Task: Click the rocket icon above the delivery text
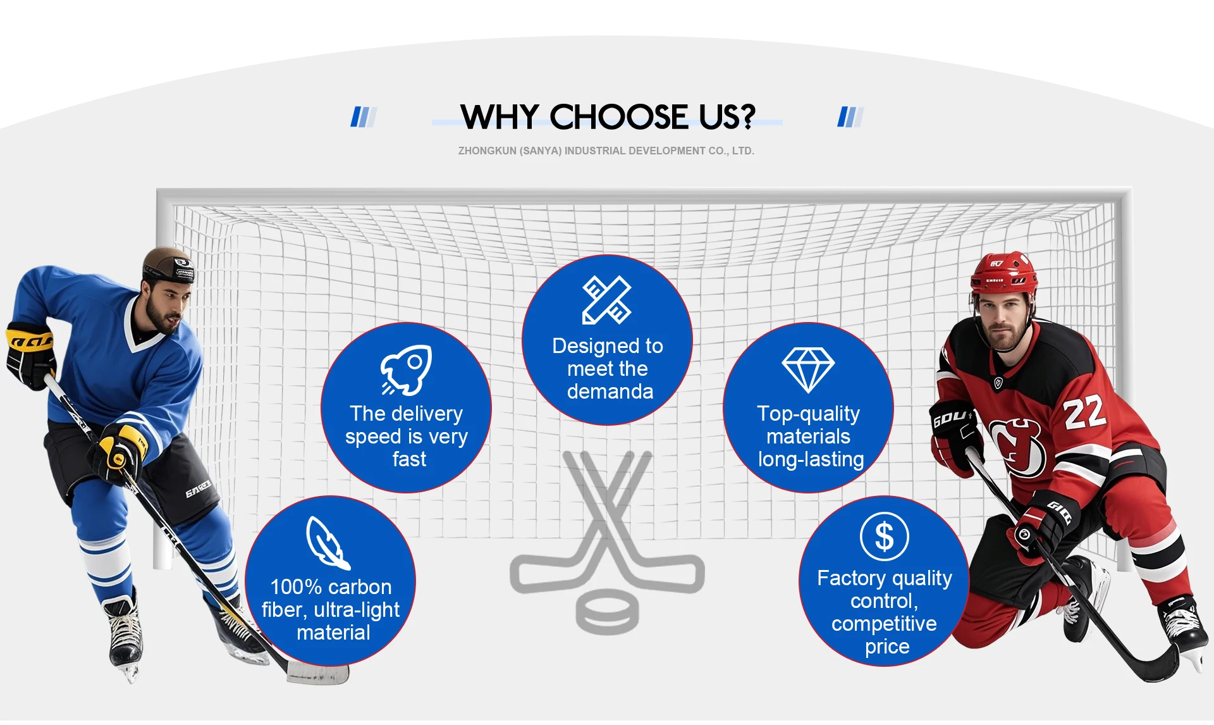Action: click(406, 370)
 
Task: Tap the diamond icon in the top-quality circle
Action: click(808, 370)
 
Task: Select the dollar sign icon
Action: click(884, 536)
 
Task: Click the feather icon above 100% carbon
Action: click(328, 543)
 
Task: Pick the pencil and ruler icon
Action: click(607, 300)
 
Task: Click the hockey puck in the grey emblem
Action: click(607, 611)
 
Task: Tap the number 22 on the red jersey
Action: click(1085, 412)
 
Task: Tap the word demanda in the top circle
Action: click(610, 392)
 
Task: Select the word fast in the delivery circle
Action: click(409, 459)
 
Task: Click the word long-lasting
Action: click(811, 459)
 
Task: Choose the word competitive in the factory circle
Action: click(884, 624)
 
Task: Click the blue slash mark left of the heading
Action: click(364, 117)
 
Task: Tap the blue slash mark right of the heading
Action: click(850, 117)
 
